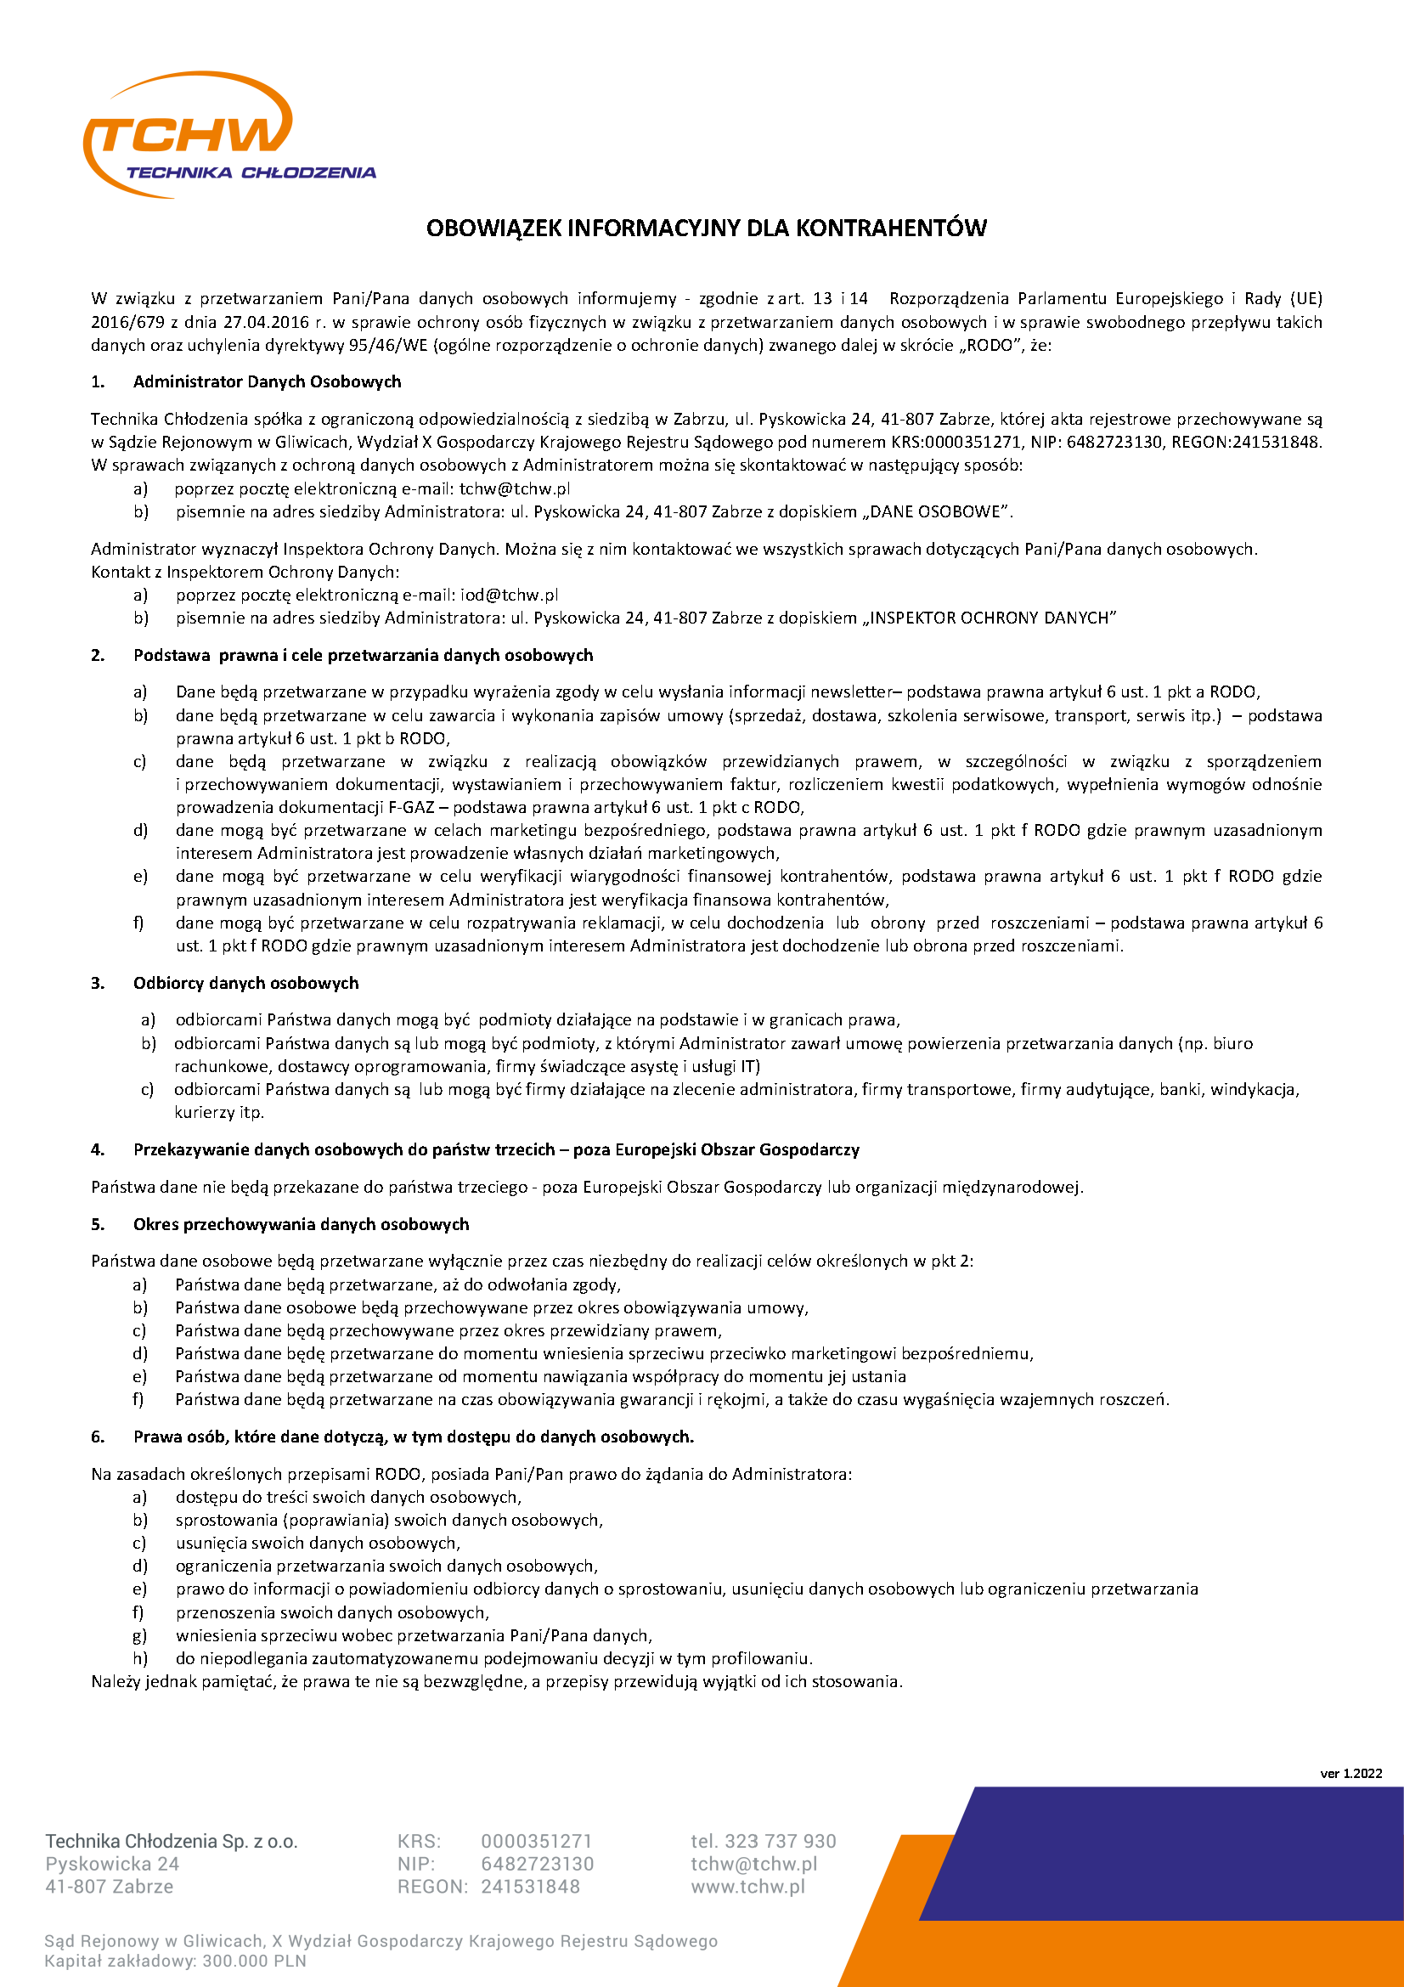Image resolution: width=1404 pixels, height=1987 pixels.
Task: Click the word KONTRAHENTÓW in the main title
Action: (x=890, y=229)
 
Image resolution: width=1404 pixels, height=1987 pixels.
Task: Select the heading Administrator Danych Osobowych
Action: (x=267, y=381)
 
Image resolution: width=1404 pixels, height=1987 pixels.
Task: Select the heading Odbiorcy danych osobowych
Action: (x=245, y=983)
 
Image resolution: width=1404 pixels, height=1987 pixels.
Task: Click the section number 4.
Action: (x=98, y=1149)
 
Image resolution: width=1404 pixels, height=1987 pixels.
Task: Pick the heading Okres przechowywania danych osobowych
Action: (x=300, y=1223)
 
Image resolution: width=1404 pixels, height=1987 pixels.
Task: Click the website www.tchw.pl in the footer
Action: (x=747, y=1887)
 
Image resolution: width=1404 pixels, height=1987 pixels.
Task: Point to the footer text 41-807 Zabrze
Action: (x=109, y=1887)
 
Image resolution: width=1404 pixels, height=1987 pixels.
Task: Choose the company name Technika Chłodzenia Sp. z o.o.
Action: (x=172, y=1841)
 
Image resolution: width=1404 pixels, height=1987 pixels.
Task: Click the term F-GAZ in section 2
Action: (x=411, y=807)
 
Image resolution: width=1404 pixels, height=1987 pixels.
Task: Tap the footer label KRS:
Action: (x=419, y=1841)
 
